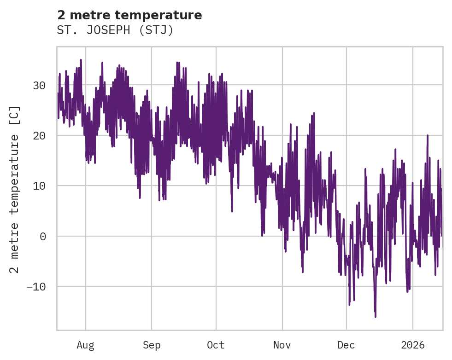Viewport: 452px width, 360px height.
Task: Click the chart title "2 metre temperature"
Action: (129, 15)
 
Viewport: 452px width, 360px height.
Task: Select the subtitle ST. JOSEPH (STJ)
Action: (115, 30)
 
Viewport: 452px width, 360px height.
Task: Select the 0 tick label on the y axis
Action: (42, 236)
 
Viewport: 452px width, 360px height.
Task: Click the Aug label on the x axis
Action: (85, 345)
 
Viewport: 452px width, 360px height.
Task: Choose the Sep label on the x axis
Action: (151, 345)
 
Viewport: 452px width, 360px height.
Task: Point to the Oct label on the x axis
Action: (216, 345)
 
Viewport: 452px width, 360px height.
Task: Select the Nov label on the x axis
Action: (282, 345)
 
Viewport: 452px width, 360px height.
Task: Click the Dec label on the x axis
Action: (346, 345)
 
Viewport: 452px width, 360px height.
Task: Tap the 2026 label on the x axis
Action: (412, 345)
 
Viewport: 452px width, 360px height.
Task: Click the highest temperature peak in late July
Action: (81, 60)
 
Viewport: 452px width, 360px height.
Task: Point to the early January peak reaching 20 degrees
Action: (428, 135)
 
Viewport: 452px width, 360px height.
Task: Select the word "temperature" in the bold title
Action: (172, 15)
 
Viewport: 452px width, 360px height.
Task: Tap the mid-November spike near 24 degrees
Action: (314, 113)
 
